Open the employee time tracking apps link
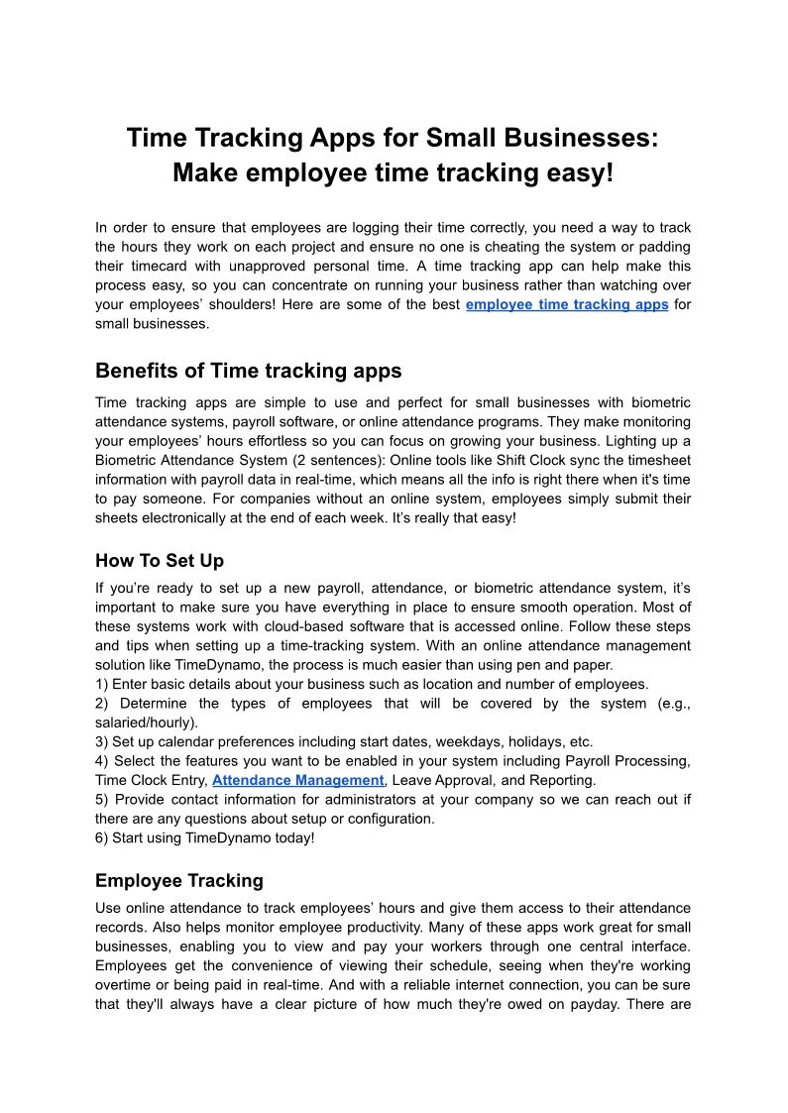(x=567, y=304)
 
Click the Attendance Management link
(x=297, y=780)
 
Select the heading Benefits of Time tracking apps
(x=249, y=371)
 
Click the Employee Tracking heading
(x=179, y=880)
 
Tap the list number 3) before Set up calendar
(x=102, y=741)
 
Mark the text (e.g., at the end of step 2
(x=673, y=703)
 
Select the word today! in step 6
(x=292, y=837)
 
